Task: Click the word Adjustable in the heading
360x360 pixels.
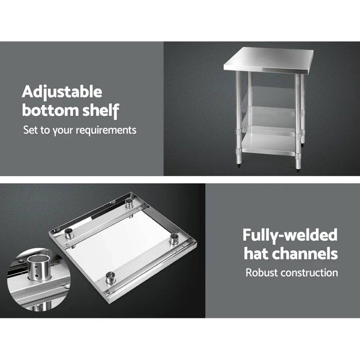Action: pos(62,93)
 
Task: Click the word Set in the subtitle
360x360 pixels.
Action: pos(31,130)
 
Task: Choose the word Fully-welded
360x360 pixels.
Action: pos(290,235)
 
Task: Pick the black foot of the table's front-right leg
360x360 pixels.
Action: pos(298,167)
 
